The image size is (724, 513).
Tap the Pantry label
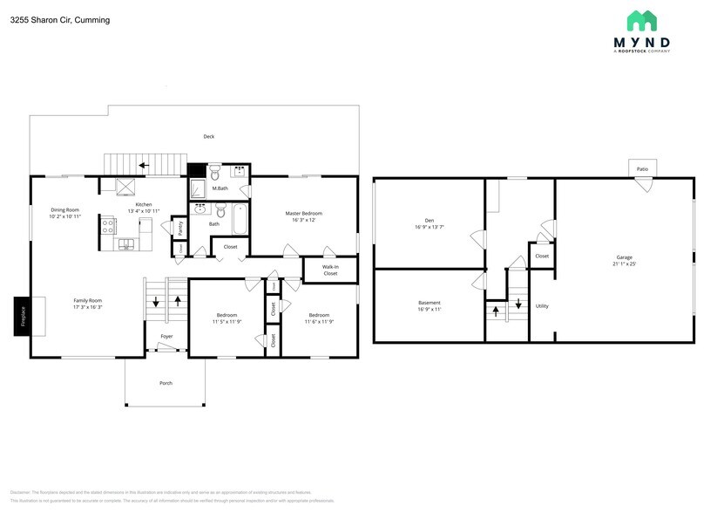click(179, 229)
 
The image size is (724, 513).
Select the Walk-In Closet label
click(330, 270)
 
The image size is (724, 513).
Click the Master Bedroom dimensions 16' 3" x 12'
click(304, 220)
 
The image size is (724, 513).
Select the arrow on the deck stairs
click(143, 164)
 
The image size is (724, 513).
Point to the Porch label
click(166, 383)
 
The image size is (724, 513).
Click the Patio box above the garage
click(642, 168)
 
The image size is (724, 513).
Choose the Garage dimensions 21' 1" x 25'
click(624, 263)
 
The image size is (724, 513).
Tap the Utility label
click(542, 306)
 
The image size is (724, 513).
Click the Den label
click(430, 220)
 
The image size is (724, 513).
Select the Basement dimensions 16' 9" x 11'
click(430, 309)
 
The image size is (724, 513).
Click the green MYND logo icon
click(642, 21)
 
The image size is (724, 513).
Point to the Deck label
click(209, 136)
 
